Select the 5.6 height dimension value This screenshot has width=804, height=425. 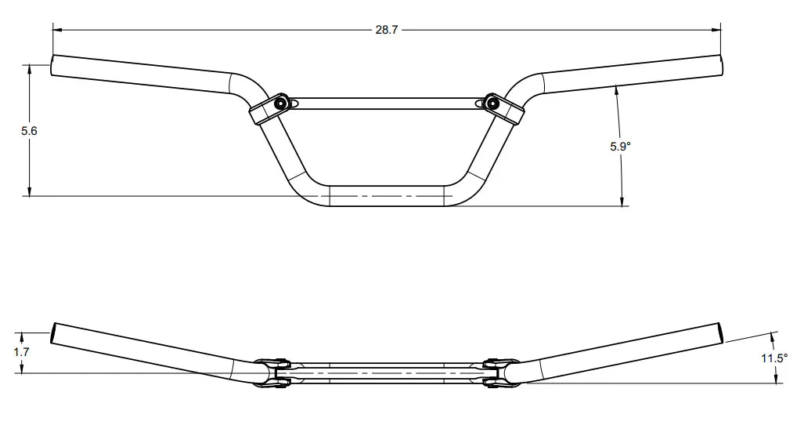[x=29, y=131]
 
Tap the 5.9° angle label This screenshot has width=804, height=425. [x=620, y=146]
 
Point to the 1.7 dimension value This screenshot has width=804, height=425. [x=22, y=352]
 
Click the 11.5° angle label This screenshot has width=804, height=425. [x=774, y=358]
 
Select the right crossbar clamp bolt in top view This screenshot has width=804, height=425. [x=492, y=102]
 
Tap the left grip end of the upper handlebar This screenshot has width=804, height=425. [x=53, y=65]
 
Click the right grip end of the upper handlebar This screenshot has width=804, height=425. [x=718, y=65]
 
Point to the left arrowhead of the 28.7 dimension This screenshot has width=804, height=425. [x=57, y=30]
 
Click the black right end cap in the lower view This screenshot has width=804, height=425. [x=721, y=332]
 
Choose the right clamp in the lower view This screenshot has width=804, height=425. [x=494, y=372]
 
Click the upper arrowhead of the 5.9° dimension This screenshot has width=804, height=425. [x=618, y=88]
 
